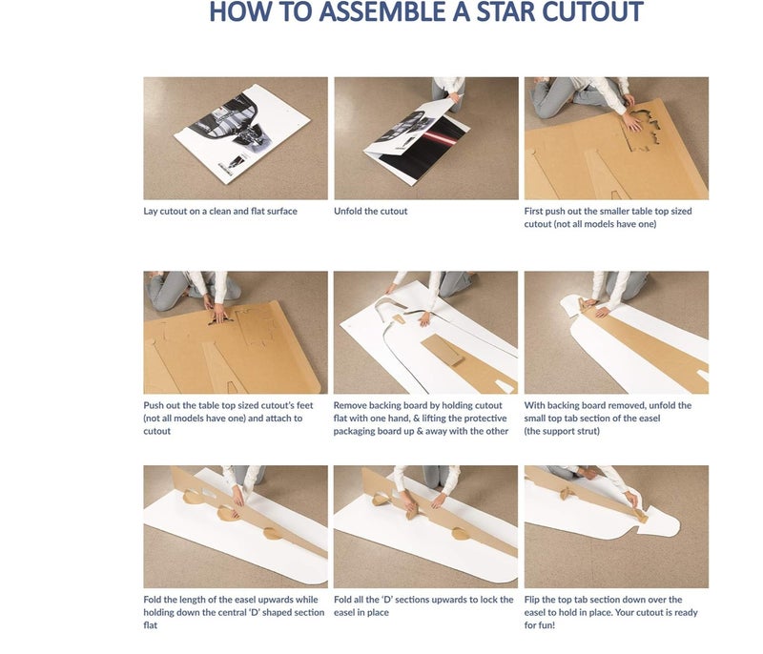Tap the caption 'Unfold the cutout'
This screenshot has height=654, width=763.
pyautogui.click(x=371, y=211)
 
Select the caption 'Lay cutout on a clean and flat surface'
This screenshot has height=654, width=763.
pyautogui.click(x=220, y=211)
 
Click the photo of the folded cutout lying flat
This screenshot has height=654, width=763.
pyautogui.click(x=236, y=138)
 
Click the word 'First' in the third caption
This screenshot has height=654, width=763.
pyautogui.click(x=533, y=211)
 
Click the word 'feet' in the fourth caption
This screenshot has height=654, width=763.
pyautogui.click(x=304, y=405)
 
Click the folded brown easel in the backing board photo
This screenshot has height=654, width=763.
pyautogui.click(x=443, y=351)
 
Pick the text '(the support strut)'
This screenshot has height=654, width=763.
pyautogui.click(x=562, y=431)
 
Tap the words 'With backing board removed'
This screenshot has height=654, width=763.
pyautogui.click(x=578, y=405)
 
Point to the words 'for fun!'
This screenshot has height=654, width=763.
pyautogui.click(x=540, y=625)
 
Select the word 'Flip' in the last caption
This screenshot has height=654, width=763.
pyautogui.click(x=532, y=600)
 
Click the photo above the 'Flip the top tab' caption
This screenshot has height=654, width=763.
pyautogui.click(x=616, y=526)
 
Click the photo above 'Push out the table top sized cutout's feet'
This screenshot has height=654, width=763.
pyautogui.click(x=236, y=332)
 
